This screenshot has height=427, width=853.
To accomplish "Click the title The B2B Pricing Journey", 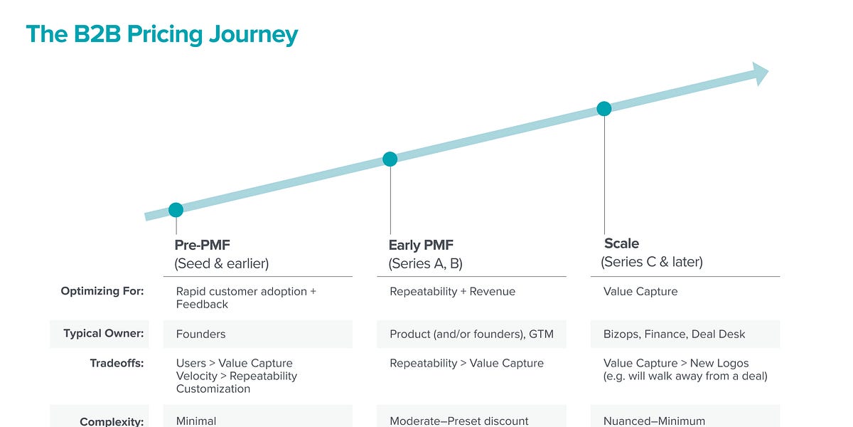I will [162, 34].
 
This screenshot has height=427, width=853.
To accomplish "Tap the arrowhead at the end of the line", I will [760, 73].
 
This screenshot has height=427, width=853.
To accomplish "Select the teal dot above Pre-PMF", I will [176, 210].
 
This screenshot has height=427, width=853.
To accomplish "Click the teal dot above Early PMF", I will [390, 159].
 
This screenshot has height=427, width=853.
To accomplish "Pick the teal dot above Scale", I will [603, 109].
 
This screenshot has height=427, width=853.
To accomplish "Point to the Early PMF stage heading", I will [421, 246].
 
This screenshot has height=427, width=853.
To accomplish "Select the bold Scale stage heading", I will [621, 243].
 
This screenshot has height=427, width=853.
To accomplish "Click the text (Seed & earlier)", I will [222, 263].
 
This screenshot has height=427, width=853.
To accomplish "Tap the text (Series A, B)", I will [425, 263].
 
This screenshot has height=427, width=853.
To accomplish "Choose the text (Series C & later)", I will [652, 262].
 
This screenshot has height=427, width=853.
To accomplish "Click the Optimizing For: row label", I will [102, 291].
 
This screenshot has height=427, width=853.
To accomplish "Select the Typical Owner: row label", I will [104, 334].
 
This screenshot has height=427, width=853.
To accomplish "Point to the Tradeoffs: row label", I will [117, 363].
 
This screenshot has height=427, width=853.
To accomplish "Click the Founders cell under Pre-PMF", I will [201, 334].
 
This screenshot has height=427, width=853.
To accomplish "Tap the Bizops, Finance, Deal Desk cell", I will [675, 334].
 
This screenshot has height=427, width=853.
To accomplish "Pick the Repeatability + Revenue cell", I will [453, 291].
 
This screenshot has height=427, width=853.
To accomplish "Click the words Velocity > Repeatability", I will [237, 376].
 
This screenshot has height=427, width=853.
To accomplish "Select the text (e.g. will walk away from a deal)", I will [685, 376].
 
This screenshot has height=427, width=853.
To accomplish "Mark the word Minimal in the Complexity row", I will [196, 421].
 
